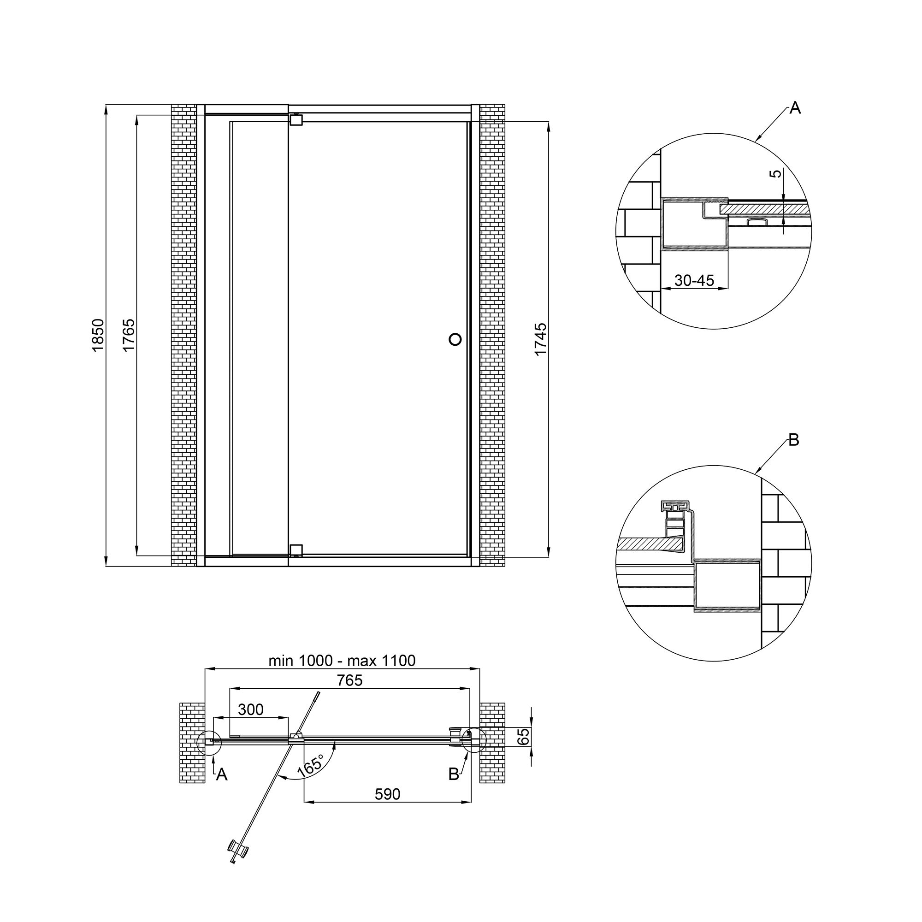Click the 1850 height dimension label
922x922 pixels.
pos(97,336)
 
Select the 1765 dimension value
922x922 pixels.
pos(129,336)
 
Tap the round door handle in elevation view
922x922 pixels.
pos(455,339)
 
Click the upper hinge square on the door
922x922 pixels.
pos(296,120)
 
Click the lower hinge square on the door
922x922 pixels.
pos(296,550)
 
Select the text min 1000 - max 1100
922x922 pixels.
pos(342,661)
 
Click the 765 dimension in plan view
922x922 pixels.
pos(349,680)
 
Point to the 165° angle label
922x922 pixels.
pos(310,765)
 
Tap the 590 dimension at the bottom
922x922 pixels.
pos(387,794)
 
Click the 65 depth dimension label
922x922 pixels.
pos(524,736)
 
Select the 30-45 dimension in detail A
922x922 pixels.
pos(694,280)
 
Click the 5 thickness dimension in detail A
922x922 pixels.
pos(777,174)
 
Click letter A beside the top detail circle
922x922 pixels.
pos(795,108)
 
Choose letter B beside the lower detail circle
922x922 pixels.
pos(794,440)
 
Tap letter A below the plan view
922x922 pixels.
pos(221,774)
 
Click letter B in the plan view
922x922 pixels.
pos(454,774)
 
